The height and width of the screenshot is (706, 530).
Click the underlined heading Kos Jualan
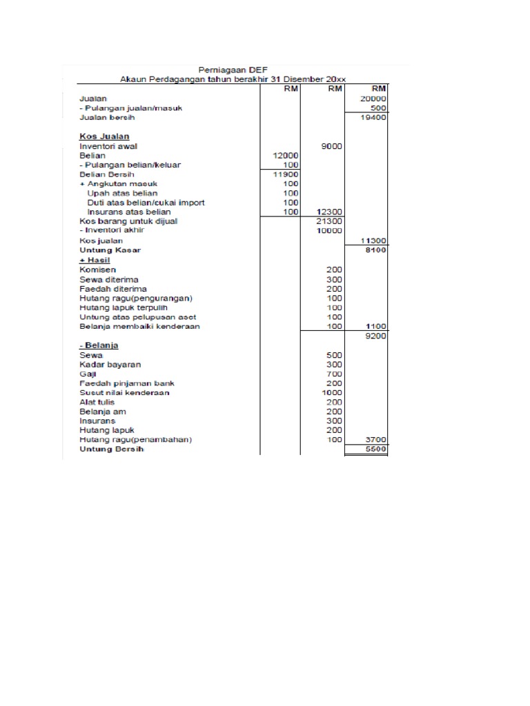(104, 137)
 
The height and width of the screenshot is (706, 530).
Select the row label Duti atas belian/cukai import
(146, 203)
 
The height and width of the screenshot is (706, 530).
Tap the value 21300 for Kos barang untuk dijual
(329, 221)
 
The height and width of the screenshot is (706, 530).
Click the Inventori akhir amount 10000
(329, 231)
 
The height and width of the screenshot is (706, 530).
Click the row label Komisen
(97, 270)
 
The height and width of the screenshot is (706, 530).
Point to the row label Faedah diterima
(113, 289)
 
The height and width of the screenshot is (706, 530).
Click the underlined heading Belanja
(99, 345)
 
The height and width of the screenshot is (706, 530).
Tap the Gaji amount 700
(334, 374)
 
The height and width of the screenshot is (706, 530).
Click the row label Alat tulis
(97, 402)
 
